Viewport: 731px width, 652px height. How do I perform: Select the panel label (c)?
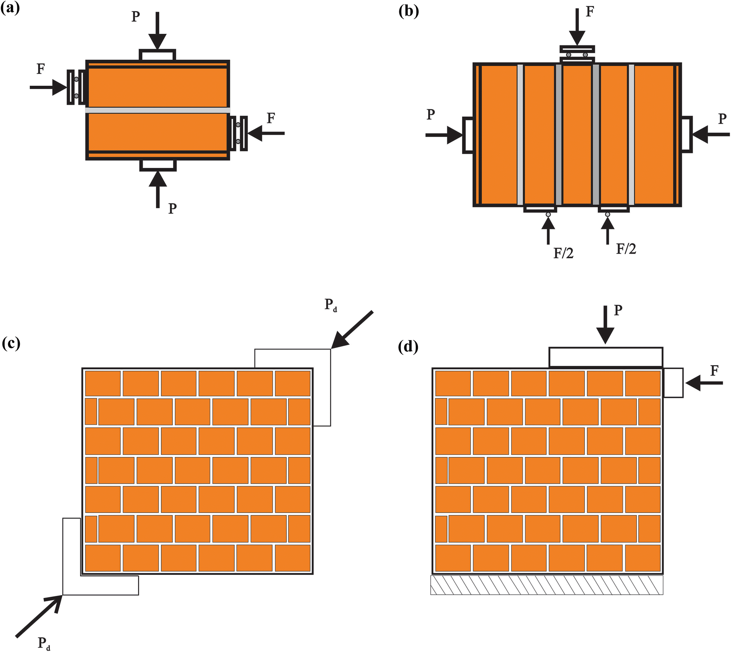(11, 343)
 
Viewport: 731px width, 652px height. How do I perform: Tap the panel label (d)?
(408, 347)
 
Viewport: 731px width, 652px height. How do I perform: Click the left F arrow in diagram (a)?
(48, 87)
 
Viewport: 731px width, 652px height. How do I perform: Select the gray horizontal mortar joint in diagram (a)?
(158, 110)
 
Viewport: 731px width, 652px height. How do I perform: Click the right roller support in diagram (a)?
(238, 133)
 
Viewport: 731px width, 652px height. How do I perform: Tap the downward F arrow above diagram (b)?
(577, 26)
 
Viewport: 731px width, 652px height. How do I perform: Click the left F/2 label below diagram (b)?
(563, 253)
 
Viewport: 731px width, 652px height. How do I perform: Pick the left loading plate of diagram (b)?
(467, 135)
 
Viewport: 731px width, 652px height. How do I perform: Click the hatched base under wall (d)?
(547, 585)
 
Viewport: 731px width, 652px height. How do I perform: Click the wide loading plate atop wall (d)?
(606, 357)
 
